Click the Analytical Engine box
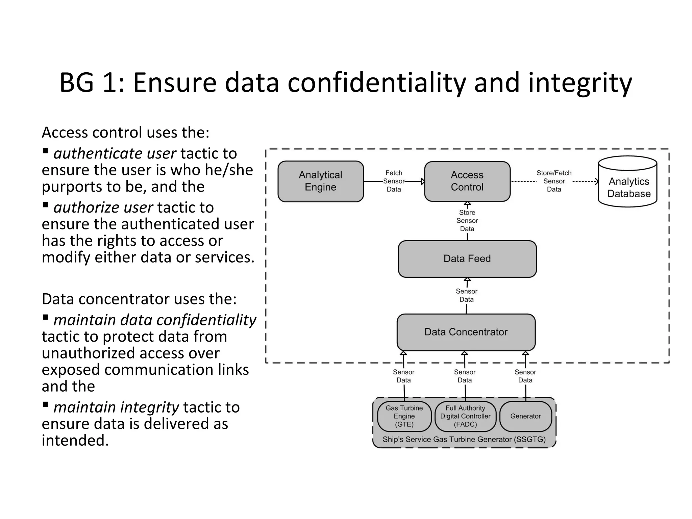[x=320, y=181]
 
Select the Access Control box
[x=467, y=181]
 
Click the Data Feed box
[x=467, y=259]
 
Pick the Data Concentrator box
[x=466, y=332]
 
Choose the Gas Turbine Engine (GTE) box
[x=404, y=416]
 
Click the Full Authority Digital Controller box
[x=465, y=416]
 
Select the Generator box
[x=525, y=416]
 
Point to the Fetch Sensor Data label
[x=394, y=181]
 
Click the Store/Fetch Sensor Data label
[x=554, y=181]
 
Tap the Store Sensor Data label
[x=467, y=221]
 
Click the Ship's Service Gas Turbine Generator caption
[x=464, y=440]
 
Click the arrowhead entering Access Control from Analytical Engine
[x=423, y=181]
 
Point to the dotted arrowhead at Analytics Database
[x=596, y=181]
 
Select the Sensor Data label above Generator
[x=525, y=376]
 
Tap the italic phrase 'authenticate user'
[x=115, y=154]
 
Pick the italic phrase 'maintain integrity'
[x=116, y=407]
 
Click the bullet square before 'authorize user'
[x=46, y=205]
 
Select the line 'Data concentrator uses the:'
[x=139, y=299]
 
